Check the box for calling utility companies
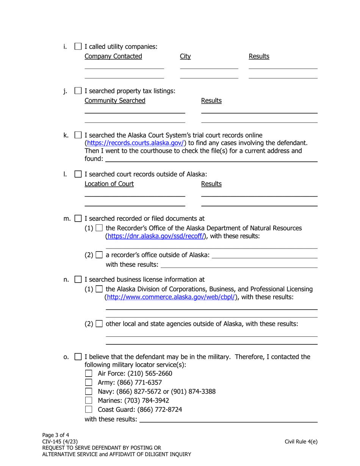[78, 47]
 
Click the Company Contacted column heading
[113, 56]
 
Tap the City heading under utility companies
[185, 56]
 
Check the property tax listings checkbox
[78, 91]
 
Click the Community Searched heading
[115, 101]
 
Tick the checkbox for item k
[78, 135]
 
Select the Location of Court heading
[109, 184]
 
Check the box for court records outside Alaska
[78, 175]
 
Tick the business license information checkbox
[78, 280]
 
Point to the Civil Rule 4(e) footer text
[301, 441]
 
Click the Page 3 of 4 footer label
[56, 435]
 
